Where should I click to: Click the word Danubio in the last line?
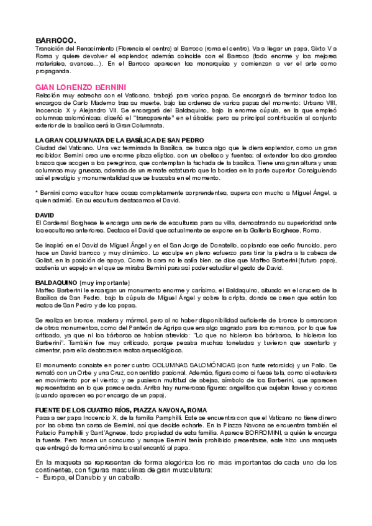coord(89,478)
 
